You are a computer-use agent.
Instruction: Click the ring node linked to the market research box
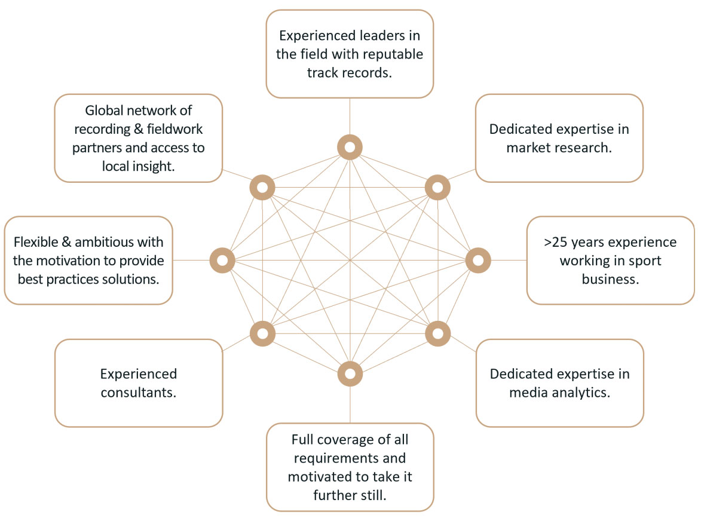click(437, 188)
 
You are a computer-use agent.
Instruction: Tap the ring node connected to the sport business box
click(477, 260)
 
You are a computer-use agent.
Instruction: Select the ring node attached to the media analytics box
click(437, 333)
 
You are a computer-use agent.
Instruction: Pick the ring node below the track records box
click(350, 146)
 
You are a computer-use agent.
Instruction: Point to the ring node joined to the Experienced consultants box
click(262, 333)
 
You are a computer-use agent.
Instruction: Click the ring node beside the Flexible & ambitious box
click(222, 260)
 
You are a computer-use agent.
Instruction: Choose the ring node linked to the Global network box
click(262, 188)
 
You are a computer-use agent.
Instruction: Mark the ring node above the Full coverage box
click(350, 374)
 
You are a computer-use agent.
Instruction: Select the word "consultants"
click(139, 393)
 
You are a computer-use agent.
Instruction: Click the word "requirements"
click(350, 458)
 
